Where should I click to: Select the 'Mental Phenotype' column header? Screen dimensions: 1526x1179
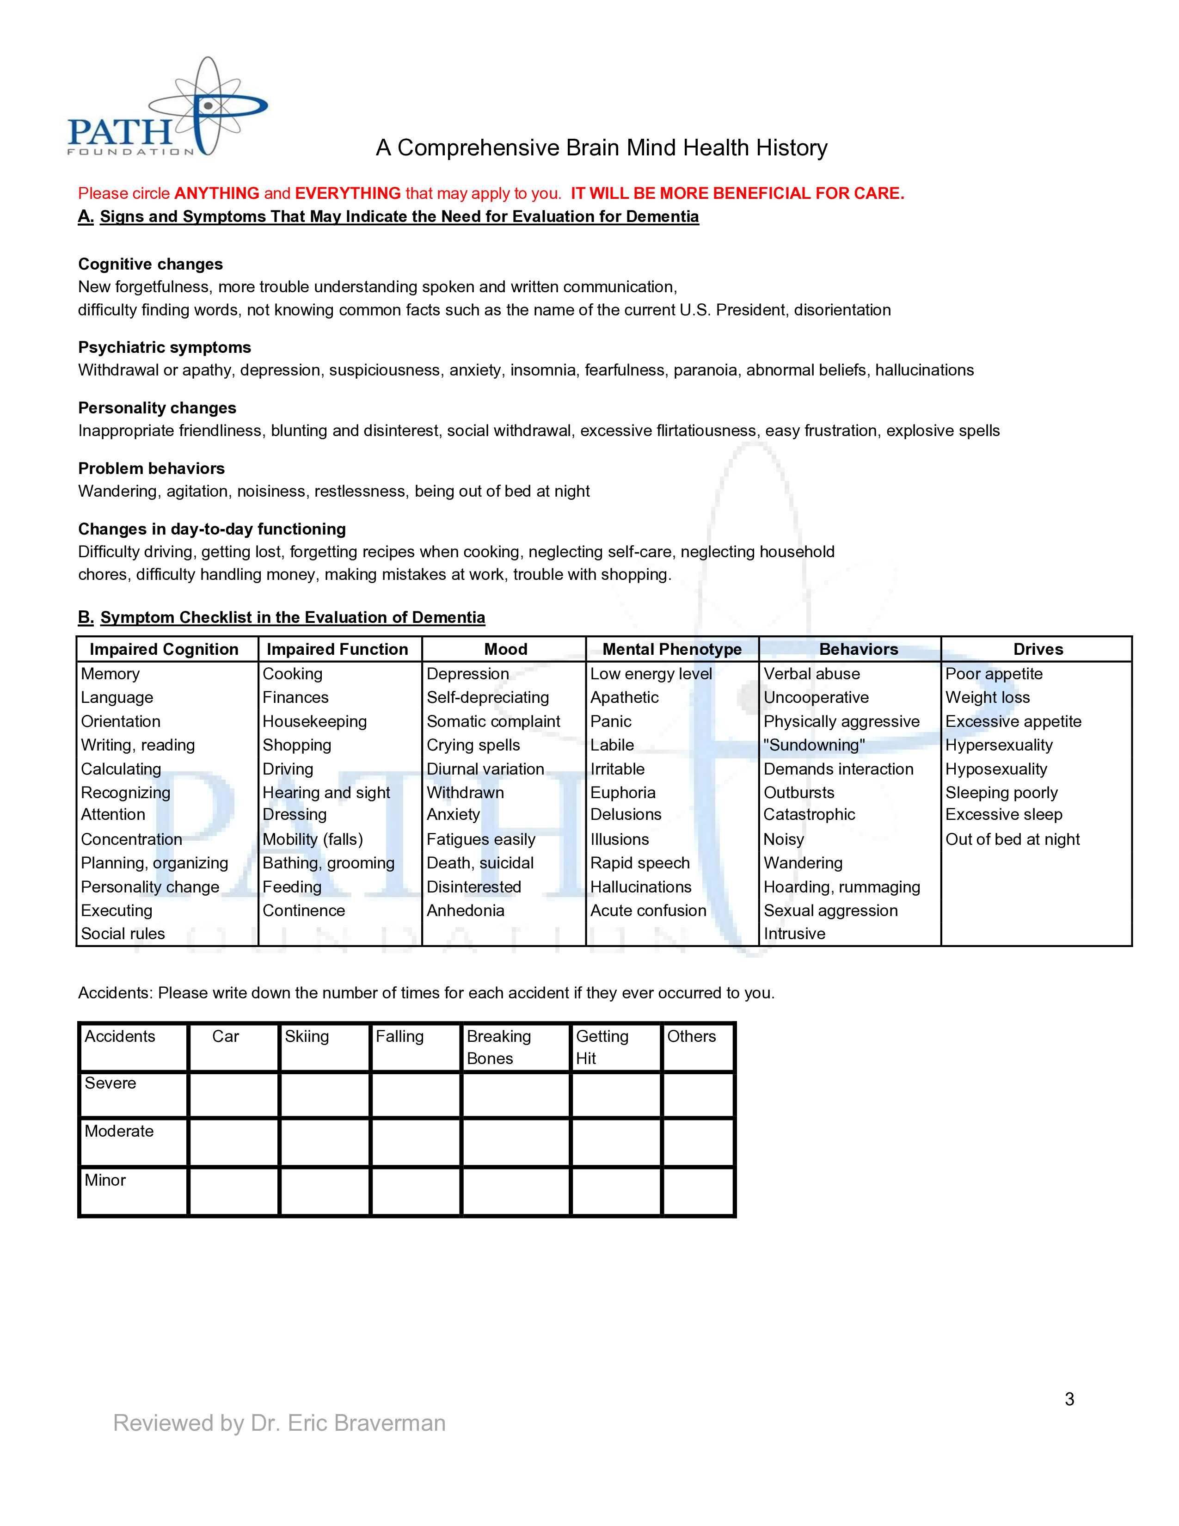(x=672, y=649)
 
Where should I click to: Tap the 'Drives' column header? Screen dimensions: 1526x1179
(x=1038, y=649)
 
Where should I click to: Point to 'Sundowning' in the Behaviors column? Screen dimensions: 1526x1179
(x=814, y=745)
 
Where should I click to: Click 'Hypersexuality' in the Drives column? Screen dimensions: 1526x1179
(x=999, y=745)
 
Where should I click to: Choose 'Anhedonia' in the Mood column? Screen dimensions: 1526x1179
(x=465, y=911)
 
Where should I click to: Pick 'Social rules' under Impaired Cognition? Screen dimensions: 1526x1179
(x=123, y=934)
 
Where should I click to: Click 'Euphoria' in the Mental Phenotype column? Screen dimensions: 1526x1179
(x=623, y=792)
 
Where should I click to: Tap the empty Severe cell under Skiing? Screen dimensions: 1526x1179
(x=325, y=1094)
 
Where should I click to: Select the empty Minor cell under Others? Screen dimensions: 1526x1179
(x=698, y=1191)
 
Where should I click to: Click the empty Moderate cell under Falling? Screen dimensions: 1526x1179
(x=416, y=1142)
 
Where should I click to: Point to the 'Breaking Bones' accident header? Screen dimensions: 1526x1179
(x=499, y=1046)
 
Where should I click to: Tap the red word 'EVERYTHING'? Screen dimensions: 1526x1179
(x=348, y=194)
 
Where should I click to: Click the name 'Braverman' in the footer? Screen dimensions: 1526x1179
(x=390, y=1423)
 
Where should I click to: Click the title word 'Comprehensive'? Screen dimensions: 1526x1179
(x=479, y=148)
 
